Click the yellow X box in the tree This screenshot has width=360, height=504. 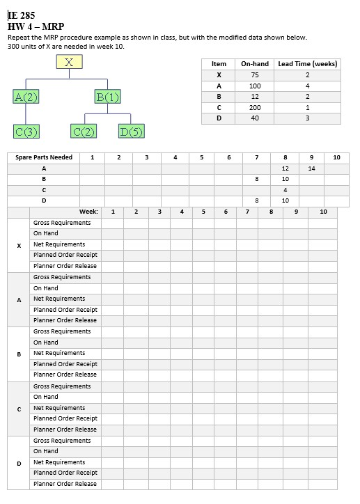pyautogui.click(x=69, y=63)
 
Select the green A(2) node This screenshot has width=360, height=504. pyautogui.click(x=26, y=96)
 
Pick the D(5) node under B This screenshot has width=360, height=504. pyautogui.click(x=132, y=131)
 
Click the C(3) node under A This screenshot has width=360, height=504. pyautogui.click(x=26, y=131)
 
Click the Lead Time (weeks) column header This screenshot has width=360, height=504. pyautogui.click(x=307, y=64)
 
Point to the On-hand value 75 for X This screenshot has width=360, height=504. pyautogui.click(x=255, y=74)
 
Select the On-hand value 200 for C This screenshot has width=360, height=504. pyautogui.click(x=255, y=108)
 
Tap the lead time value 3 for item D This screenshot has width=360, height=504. pyautogui.click(x=307, y=118)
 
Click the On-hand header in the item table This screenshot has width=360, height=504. pyautogui.click(x=255, y=64)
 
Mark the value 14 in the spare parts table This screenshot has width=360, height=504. pyautogui.click(x=311, y=168)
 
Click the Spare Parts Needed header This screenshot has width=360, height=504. pyautogui.click(x=44, y=157)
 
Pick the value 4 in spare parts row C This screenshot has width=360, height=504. pyautogui.click(x=285, y=189)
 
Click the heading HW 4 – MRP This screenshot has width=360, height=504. pyautogui.click(x=36, y=26)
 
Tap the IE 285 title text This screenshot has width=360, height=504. pyautogui.click(x=22, y=15)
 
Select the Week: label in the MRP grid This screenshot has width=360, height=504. pyautogui.click(x=88, y=211)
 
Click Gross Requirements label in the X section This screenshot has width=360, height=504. pyautogui.click(x=62, y=223)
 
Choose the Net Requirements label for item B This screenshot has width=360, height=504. pyautogui.click(x=59, y=353)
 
